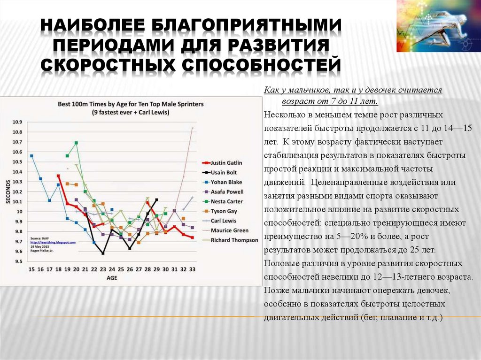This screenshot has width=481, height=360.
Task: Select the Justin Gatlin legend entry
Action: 226,163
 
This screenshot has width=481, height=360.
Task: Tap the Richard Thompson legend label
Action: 234,240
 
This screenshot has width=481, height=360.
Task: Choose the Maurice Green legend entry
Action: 229,230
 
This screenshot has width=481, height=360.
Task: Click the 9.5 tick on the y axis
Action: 17,261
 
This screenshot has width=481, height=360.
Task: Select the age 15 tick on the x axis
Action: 31,269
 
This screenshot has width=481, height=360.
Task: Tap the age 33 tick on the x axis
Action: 192,269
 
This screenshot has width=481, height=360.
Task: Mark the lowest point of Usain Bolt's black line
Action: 103,253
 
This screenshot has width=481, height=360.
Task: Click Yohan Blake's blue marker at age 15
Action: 31,156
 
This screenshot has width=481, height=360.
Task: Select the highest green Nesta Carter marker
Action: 76,143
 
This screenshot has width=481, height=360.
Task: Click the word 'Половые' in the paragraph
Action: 279,263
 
